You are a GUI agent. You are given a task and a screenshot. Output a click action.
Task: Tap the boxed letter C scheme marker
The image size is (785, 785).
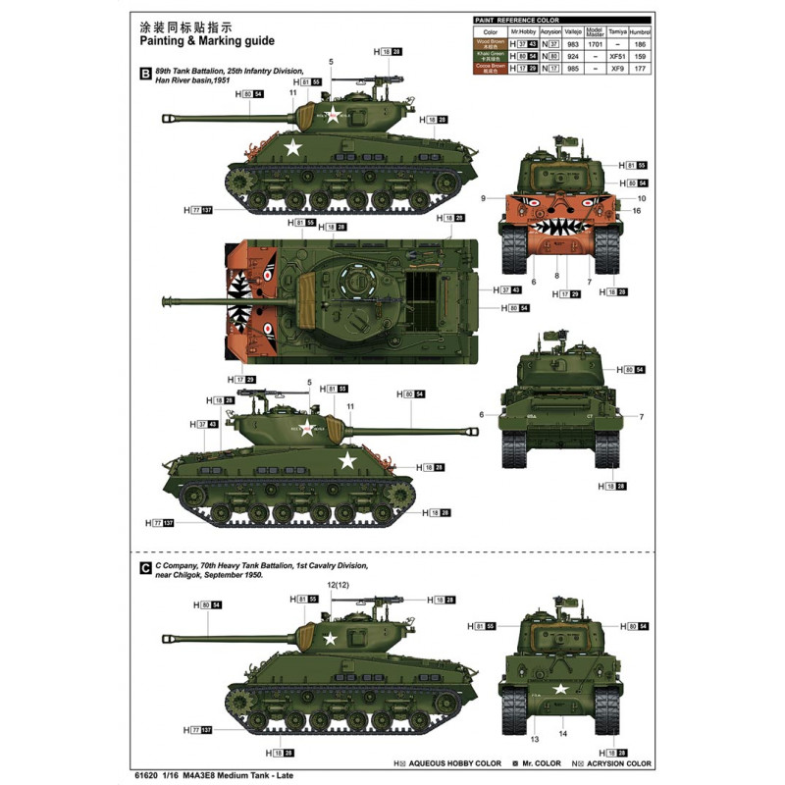click(x=145, y=566)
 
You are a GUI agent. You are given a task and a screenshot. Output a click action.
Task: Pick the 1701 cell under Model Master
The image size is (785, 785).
click(x=595, y=43)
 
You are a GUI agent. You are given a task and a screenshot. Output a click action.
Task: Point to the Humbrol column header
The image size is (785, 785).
click(x=641, y=31)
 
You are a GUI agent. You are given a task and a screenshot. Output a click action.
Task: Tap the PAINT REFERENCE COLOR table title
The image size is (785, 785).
click(x=516, y=19)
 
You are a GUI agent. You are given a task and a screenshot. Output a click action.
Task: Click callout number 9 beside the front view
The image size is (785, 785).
click(x=484, y=198)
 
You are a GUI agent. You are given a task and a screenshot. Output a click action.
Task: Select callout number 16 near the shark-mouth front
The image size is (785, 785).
click(x=637, y=210)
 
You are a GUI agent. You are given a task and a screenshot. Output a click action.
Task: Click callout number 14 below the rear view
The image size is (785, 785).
click(x=561, y=732)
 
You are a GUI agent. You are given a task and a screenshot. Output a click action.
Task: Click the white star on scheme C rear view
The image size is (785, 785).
click(x=560, y=688)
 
